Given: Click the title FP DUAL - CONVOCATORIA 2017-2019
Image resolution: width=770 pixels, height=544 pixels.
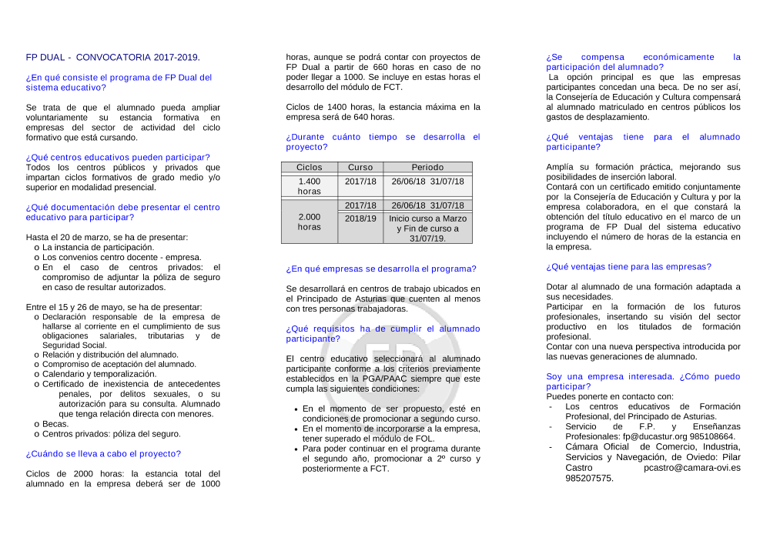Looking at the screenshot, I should [112, 57].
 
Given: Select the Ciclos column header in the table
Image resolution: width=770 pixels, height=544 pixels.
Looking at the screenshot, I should [310, 167].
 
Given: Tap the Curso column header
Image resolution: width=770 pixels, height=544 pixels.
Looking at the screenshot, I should [360, 167].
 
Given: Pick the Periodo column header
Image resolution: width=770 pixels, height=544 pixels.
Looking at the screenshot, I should [427, 167].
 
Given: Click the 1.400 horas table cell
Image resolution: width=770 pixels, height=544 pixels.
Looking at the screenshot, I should [310, 186].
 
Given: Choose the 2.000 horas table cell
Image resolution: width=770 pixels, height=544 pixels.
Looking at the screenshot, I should [310, 222].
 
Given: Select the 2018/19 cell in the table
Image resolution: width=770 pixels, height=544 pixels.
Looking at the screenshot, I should [360, 219].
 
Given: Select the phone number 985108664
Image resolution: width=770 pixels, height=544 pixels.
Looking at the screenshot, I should [712, 436].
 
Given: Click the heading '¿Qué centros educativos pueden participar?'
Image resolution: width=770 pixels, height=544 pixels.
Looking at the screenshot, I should [118, 157].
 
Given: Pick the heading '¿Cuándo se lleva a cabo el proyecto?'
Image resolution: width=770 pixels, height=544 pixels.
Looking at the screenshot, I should [103, 453].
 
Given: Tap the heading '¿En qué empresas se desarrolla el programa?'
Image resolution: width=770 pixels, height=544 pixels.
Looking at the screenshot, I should [381, 269].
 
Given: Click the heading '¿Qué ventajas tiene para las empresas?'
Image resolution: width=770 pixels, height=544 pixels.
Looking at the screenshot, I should [628, 266].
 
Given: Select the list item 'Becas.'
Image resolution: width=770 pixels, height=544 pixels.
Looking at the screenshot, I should [55, 423].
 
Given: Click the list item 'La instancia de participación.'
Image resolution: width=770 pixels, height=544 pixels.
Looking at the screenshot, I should [98, 247].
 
